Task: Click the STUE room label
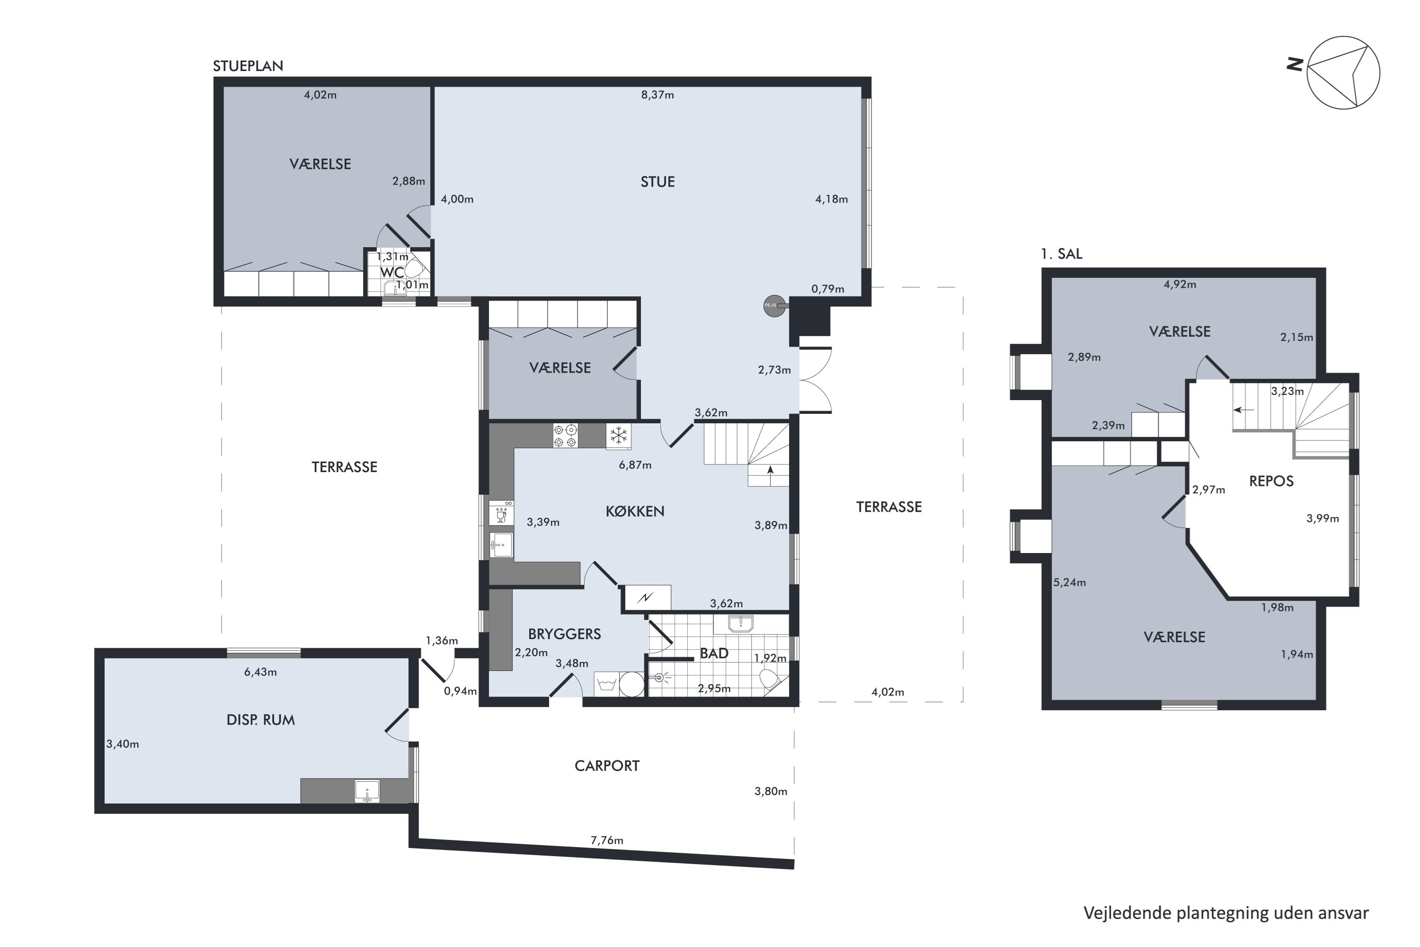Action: pos(657,182)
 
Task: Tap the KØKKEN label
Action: pos(635,511)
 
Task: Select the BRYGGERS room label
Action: pos(565,634)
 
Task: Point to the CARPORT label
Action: pos(607,766)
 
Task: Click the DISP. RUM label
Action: pos(261,720)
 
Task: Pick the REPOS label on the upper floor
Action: pos(1271,482)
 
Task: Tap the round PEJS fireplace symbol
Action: pos(774,305)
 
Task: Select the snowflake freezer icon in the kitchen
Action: pos(618,436)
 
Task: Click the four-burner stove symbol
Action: pos(566,436)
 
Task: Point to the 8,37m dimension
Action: pos(657,95)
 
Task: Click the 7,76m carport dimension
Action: pos(607,840)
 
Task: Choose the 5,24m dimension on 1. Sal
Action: pos(1069,583)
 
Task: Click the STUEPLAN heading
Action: pos(248,66)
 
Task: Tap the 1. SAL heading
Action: pos(1061,254)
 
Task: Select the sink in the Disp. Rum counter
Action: pos(367,791)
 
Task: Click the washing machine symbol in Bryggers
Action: pos(606,684)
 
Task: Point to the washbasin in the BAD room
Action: pos(740,623)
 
